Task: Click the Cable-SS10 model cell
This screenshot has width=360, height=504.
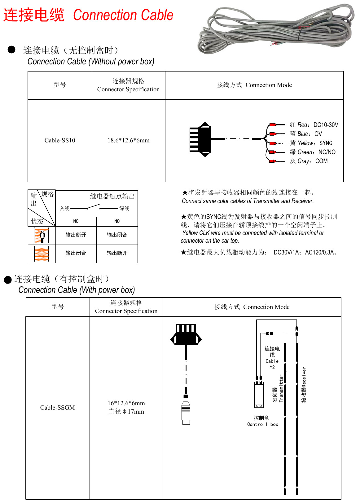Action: pyautogui.click(x=60, y=140)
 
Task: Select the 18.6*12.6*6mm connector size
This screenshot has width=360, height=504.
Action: pyautogui.click(x=128, y=140)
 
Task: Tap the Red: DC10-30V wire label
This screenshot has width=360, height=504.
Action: pyautogui.click(x=314, y=125)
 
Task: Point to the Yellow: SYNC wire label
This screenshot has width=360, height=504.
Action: pyautogui.click(x=311, y=143)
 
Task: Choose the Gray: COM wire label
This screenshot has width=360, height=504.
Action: pyautogui.click(x=309, y=161)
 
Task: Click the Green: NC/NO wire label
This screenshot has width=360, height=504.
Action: pyautogui.click(x=313, y=152)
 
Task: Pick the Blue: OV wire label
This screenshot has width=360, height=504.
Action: pyautogui.click(x=306, y=134)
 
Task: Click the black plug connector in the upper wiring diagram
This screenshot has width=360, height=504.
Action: pyautogui.click(x=201, y=139)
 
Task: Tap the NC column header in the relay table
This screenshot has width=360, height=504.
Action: pyautogui.click(x=76, y=221)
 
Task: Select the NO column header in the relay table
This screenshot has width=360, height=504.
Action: pyautogui.click(x=117, y=221)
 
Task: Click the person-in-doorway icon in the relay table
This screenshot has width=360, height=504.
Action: pyautogui.click(x=42, y=236)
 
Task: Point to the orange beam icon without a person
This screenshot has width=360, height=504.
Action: pyautogui.click(x=42, y=254)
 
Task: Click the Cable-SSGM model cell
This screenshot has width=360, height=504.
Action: pyautogui.click(x=58, y=407)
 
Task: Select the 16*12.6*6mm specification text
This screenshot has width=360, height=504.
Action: pyautogui.click(x=126, y=403)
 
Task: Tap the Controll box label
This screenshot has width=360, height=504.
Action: pyautogui.click(x=262, y=424)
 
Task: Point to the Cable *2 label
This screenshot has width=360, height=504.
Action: pyautogui.click(x=272, y=358)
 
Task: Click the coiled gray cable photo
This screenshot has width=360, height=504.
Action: pyautogui.click(x=276, y=29)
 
